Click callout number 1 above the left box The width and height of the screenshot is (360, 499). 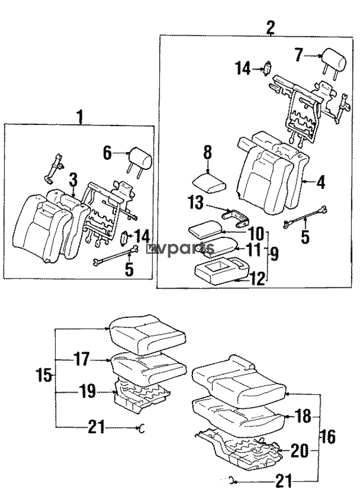coord(80,117)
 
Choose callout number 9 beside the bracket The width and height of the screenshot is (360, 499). coord(274,254)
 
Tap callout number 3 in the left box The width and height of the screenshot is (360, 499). coord(73,180)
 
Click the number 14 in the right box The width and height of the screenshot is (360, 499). coord(243,69)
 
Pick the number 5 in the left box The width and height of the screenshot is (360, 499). coord(129,269)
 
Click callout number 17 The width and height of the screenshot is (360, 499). coord(82,359)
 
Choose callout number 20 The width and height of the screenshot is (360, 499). coord(299,451)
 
